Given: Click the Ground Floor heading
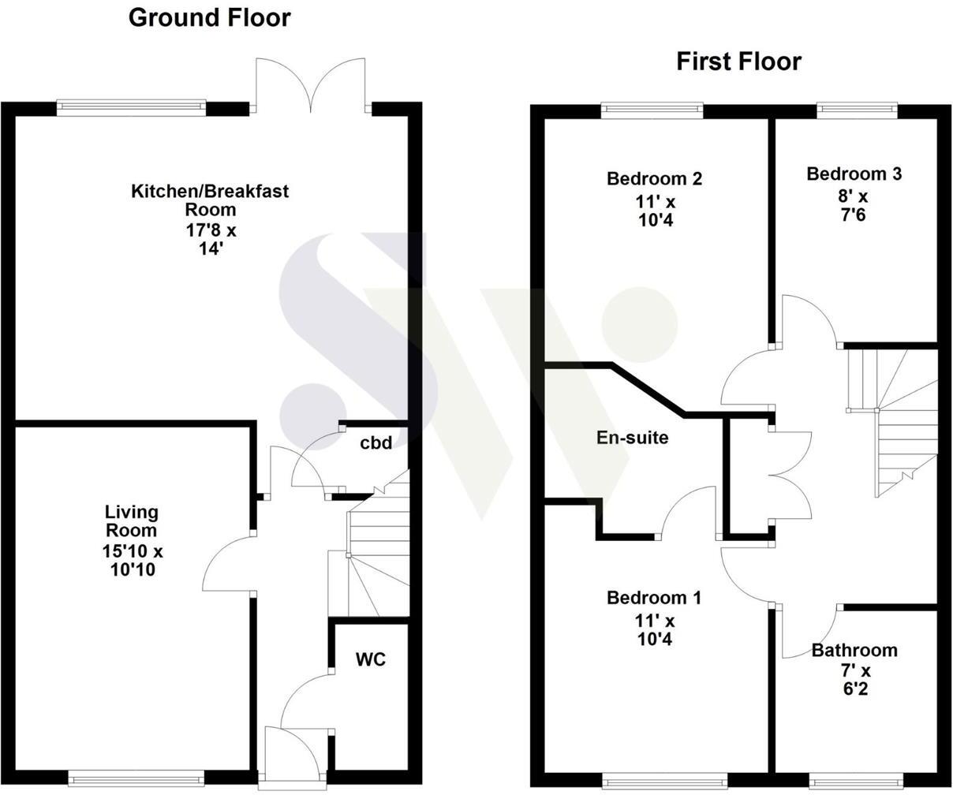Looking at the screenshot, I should (x=209, y=18).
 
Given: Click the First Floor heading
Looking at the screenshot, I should (x=738, y=62).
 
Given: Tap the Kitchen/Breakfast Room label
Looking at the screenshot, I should (x=210, y=200).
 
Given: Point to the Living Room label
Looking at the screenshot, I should (x=132, y=521).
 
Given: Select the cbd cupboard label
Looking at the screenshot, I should (x=376, y=443).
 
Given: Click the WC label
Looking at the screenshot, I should (x=370, y=659).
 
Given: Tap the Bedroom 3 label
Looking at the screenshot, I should (x=854, y=174).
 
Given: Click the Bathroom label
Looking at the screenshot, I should (x=854, y=651).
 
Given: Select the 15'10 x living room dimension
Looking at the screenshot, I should (x=132, y=550).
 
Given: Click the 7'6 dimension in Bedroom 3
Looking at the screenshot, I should (x=854, y=215).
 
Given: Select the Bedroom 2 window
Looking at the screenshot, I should (x=652, y=108).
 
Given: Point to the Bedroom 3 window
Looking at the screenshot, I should (x=857, y=108).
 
